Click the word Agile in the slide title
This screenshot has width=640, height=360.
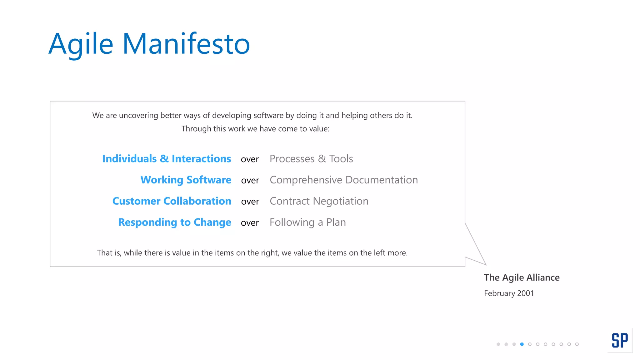click(x=81, y=44)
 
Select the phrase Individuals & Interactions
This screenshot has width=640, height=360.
click(x=167, y=159)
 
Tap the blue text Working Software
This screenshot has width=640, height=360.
click(x=186, y=180)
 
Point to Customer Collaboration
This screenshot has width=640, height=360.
click(x=172, y=201)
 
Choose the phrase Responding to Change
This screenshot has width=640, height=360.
click(x=175, y=222)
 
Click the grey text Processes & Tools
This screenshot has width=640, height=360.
click(x=311, y=159)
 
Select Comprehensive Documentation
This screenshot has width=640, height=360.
click(x=344, y=180)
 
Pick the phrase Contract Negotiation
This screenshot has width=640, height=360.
click(x=319, y=201)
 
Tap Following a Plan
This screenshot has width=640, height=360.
click(x=308, y=222)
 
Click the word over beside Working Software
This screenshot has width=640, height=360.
click(x=250, y=181)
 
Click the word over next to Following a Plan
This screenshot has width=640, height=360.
click(x=250, y=223)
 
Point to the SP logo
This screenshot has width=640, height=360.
click(x=620, y=340)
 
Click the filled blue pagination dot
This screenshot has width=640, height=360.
click(x=522, y=344)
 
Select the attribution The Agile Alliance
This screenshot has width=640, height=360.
click(x=522, y=277)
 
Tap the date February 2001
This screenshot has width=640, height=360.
click(x=509, y=293)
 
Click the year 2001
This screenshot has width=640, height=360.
click(x=526, y=293)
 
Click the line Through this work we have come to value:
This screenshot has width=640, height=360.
click(x=255, y=129)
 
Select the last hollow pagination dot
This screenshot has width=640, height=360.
click(x=577, y=344)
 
